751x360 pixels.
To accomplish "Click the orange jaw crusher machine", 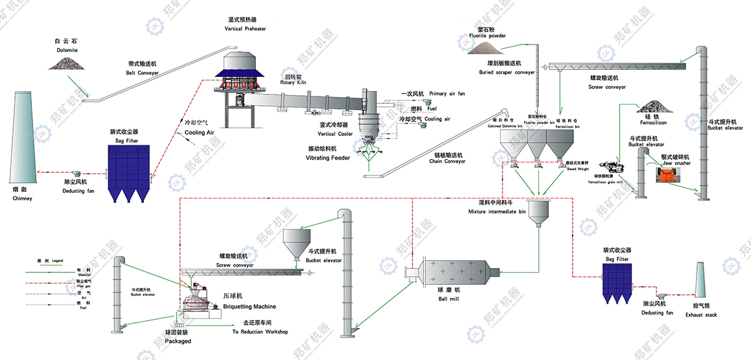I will tap(671, 175).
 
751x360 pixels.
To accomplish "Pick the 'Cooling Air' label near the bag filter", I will tap(200, 132).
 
